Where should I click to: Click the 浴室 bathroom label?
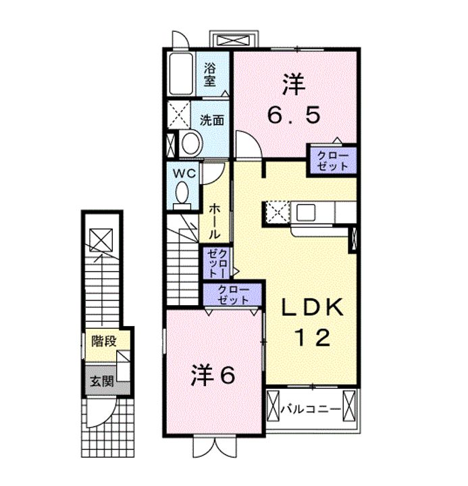click(209, 75)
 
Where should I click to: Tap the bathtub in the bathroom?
click(181, 74)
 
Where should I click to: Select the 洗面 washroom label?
click(212, 120)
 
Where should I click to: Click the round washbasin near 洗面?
click(192, 143)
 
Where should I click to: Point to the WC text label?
click(184, 173)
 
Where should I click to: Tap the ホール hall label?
click(214, 221)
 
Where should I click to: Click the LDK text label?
click(312, 307)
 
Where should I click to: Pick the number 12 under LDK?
click(312, 337)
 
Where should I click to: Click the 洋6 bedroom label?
click(213, 375)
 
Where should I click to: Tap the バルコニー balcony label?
click(311, 410)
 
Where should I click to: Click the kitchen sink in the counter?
click(306, 213)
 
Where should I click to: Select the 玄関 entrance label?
click(102, 381)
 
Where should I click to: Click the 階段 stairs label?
click(104, 342)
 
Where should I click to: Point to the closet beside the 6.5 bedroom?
click(332, 161)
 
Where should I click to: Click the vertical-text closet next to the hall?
click(217, 263)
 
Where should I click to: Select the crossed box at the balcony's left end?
click(273, 406)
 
